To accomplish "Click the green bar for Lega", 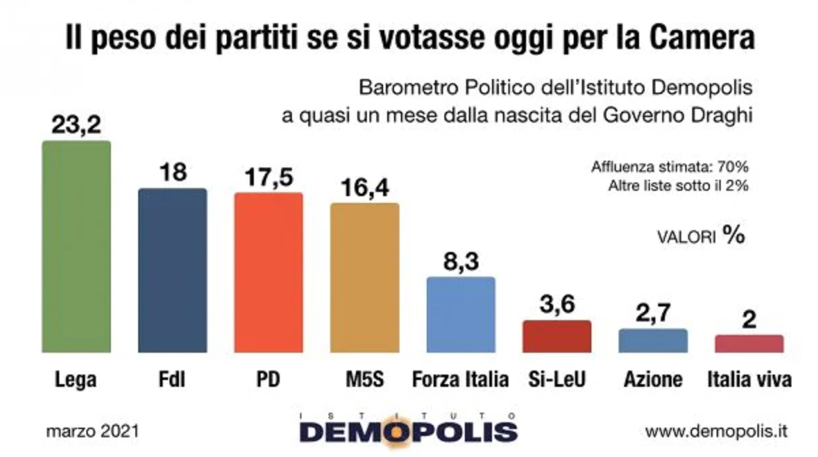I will pyautogui.click(x=76, y=247).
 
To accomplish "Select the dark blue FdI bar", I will pyautogui.click(x=172, y=270).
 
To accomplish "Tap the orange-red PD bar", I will pyautogui.click(x=268, y=272).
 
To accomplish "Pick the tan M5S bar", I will pyautogui.click(x=364, y=277).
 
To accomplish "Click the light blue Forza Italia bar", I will pyautogui.click(x=461, y=314).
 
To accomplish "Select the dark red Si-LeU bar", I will pyautogui.click(x=557, y=336).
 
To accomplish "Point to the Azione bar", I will pyautogui.click(x=653, y=341).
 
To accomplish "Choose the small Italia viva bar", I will pyautogui.click(x=749, y=343).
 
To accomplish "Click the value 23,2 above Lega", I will pyautogui.click(x=76, y=125).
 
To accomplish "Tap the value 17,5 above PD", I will pyautogui.click(x=268, y=177).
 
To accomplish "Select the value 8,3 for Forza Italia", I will pyautogui.click(x=461, y=261).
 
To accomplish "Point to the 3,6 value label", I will pyautogui.click(x=557, y=304).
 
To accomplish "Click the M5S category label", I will pyautogui.click(x=364, y=379).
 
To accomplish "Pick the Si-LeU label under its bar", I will pyautogui.click(x=557, y=379).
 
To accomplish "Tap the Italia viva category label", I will pyautogui.click(x=749, y=379).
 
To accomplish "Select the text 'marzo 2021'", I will pyautogui.click(x=93, y=431).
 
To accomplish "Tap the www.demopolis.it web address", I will pyautogui.click(x=716, y=431).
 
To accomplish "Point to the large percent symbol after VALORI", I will pyautogui.click(x=733, y=235).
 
